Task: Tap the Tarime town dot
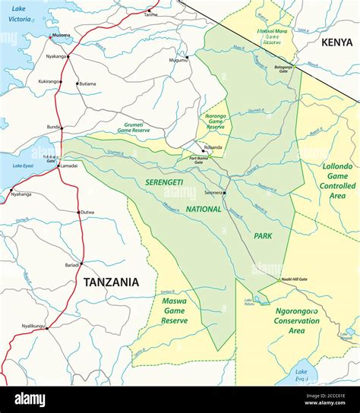pos(150,9)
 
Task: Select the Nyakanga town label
pos(56,56)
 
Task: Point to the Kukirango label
pos(49,81)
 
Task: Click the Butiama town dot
pos(77,83)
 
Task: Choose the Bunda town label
pos(53,128)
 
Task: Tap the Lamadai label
pos(69,166)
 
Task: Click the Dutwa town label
pos(87,213)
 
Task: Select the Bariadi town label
pos(72,265)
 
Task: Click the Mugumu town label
pos(178,59)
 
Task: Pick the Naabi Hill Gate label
pos(293,279)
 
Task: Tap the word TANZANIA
pos(111,282)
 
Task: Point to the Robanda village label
pos(213,147)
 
